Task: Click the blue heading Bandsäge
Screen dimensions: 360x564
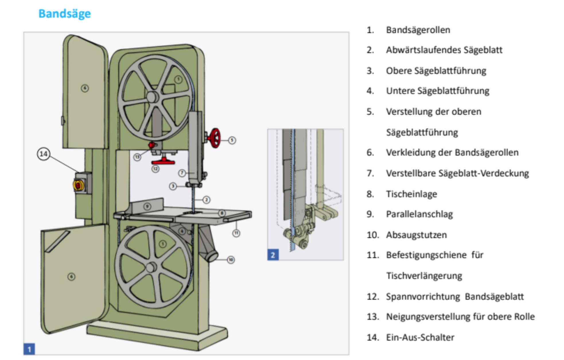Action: pos(65,14)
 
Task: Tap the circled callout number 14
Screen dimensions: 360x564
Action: pos(44,154)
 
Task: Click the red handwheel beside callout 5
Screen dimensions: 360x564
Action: pos(215,138)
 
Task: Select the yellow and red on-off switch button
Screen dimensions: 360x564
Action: pos(78,185)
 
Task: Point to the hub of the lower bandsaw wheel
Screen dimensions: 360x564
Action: pos(151,267)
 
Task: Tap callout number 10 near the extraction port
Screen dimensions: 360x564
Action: pos(231,260)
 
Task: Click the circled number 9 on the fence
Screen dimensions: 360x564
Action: pos(147,206)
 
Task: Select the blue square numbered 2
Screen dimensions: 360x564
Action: pos(273,255)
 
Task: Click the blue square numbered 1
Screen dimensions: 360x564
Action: pos(29,349)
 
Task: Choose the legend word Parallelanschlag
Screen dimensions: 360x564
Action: pos(419,214)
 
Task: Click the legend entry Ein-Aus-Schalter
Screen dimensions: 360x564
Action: pos(420,337)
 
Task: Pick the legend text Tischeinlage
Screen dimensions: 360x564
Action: pos(411,194)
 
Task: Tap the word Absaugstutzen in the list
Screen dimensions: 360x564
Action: pos(416,235)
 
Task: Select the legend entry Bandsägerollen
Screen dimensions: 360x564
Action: pos(418,30)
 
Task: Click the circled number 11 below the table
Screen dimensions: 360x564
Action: pos(236,233)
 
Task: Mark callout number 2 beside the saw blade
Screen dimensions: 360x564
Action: pos(206,200)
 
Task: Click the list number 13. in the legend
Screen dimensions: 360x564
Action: pos(373,317)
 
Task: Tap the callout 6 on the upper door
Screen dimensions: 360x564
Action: pos(85,88)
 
